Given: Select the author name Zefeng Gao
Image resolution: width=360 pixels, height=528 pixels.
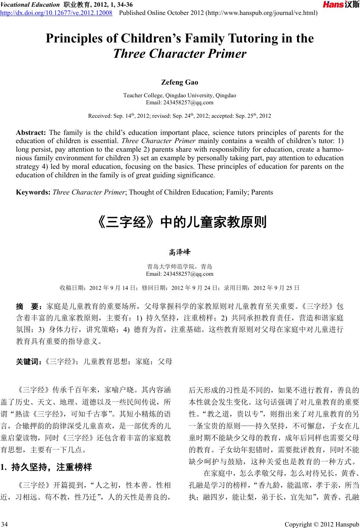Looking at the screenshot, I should (x=180, y=82).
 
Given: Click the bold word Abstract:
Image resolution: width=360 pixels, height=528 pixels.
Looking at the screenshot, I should (x=31, y=133).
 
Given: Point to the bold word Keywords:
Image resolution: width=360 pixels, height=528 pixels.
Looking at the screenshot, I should (x=33, y=192).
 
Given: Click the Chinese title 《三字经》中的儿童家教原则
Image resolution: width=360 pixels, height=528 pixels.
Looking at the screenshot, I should (x=180, y=222).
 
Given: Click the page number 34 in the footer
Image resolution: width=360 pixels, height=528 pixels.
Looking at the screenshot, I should (x=6, y=524).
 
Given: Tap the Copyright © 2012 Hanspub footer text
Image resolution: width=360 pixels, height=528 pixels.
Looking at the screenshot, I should (x=322, y=524).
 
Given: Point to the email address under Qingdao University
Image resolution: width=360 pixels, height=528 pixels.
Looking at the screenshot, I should (x=180, y=102).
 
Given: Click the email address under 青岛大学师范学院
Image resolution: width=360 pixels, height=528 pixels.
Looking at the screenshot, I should (x=180, y=274).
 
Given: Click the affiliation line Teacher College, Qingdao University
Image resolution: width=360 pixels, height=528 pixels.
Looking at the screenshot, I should (x=180, y=95).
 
